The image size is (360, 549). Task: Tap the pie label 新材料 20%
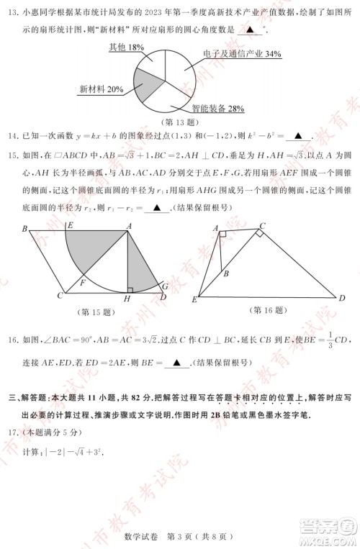(x=101, y=89)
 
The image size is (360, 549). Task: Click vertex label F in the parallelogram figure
(x=83, y=283)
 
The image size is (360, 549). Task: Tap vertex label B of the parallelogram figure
(x=24, y=230)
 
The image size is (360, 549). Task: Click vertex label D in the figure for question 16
(x=341, y=298)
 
